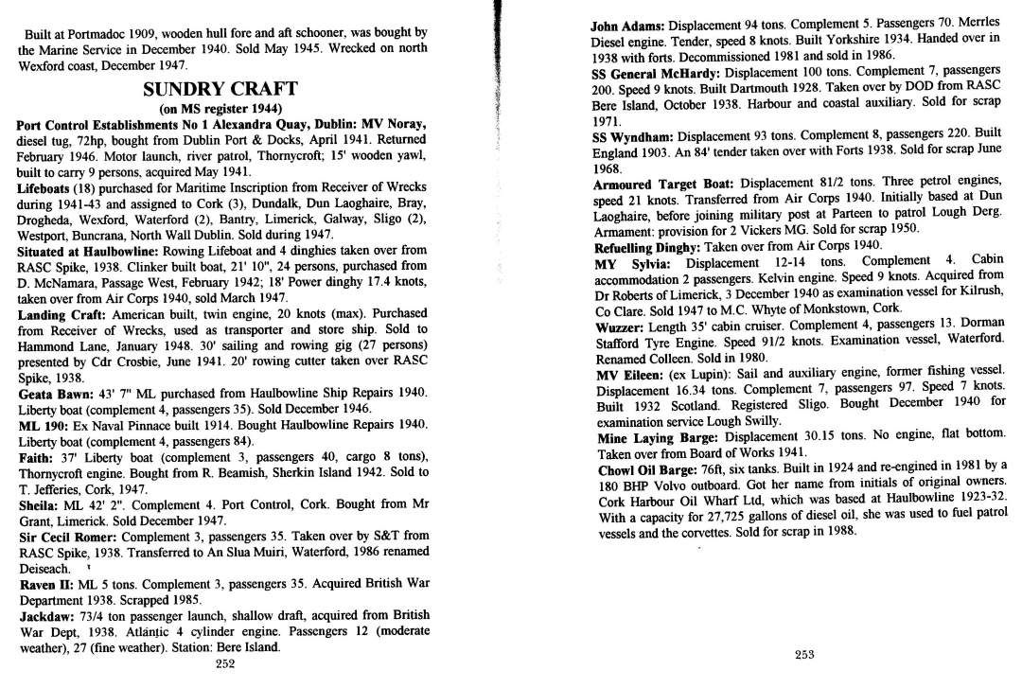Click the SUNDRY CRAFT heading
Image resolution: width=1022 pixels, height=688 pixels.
220,90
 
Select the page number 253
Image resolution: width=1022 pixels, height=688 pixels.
804,655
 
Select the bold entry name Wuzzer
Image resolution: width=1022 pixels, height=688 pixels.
620,325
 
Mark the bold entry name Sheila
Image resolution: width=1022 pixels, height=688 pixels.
40,504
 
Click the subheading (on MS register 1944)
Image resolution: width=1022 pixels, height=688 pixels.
220,109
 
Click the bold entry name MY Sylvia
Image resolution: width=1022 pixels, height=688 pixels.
632,261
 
